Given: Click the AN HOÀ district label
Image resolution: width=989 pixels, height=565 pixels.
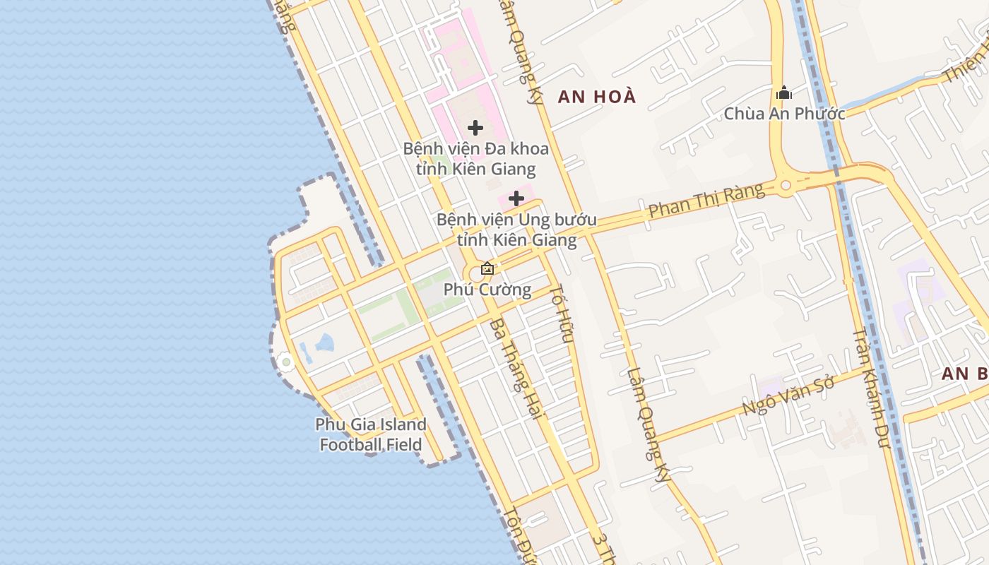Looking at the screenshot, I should pyautogui.click(x=597, y=97).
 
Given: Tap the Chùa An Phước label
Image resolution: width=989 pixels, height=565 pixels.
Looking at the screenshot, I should pyautogui.click(x=784, y=113).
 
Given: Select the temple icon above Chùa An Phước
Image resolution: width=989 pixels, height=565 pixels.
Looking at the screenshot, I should pyautogui.click(x=783, y=93).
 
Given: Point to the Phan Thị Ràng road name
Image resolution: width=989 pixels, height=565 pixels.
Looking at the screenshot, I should pyautogui.click(x=706, y=201).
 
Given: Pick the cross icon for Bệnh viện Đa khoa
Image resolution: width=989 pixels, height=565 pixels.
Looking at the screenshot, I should pyautogui.click(x=475, y=128).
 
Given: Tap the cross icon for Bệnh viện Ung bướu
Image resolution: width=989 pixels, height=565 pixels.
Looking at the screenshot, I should pyautogui.click(x=516, y=198).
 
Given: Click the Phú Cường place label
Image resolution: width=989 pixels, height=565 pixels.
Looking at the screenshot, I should pyautogui.click(x=487, y=290).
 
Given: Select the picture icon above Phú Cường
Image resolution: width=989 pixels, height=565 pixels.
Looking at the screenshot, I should pyautogui.click(x=487, y=268).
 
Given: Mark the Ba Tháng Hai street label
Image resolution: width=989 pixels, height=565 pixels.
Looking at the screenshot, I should pyautogui.click(x=514, y=369).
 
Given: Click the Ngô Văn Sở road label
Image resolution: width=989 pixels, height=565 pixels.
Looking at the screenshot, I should pyautogui.click(x=788, y=396).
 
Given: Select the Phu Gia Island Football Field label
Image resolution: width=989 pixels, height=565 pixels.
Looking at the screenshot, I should pyautogui.click(x=371, y=434).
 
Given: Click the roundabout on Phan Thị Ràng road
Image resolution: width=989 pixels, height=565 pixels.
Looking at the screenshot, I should pyautogui.click(x=786, y=186).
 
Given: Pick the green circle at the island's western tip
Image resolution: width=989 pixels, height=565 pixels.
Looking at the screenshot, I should pyautogui.click(x=285, y=363).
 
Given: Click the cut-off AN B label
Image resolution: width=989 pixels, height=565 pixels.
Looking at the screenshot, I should pyautogui.click(x=965, y=374).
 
